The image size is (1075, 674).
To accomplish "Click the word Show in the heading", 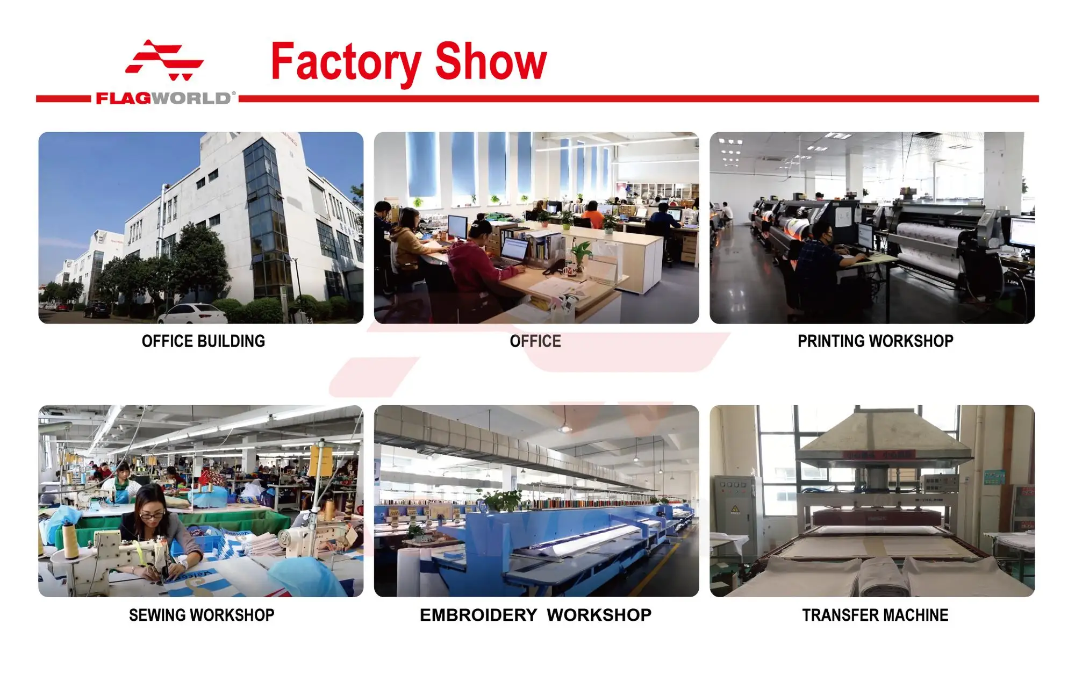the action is point(491,61).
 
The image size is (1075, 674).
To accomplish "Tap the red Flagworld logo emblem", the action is point(164,60).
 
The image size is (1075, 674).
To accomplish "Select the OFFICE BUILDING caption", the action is point(203,341).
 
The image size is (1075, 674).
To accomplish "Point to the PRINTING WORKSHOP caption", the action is point(875,341).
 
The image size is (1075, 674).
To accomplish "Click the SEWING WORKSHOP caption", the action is point(202,615).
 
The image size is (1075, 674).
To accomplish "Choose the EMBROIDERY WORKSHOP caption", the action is point(535,615).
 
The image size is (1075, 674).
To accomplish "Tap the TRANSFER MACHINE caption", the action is point(875,615).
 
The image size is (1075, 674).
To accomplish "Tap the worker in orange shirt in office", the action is point(592,215).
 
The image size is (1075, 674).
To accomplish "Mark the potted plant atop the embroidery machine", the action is point(500,500).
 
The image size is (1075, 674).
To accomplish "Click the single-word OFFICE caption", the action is point(535,341).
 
